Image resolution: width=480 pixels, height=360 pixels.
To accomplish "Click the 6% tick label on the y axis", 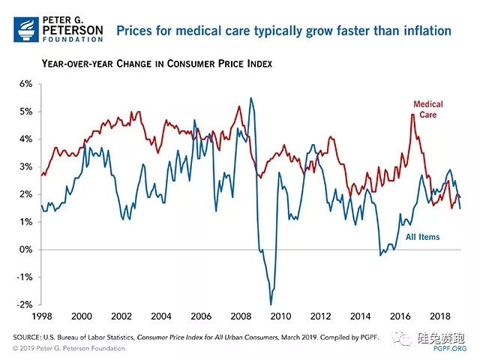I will (25, 84).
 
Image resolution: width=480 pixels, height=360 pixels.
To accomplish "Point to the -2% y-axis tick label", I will (24, 304).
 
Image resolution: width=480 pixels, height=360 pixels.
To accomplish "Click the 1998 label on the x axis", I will (41, 316).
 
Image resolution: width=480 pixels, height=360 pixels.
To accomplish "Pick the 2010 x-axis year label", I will (281, 316).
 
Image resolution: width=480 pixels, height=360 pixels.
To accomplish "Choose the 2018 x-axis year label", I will (441, 316).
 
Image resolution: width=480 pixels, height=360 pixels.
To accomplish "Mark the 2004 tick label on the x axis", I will (161, 316).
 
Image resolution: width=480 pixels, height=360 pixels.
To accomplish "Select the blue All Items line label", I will (422, 237).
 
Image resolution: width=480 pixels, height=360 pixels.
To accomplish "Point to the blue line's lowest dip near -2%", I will (271, 304).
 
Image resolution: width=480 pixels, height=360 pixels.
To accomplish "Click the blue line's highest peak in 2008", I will (250, 98).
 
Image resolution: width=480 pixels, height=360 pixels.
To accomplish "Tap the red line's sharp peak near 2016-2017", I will (412, 114).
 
